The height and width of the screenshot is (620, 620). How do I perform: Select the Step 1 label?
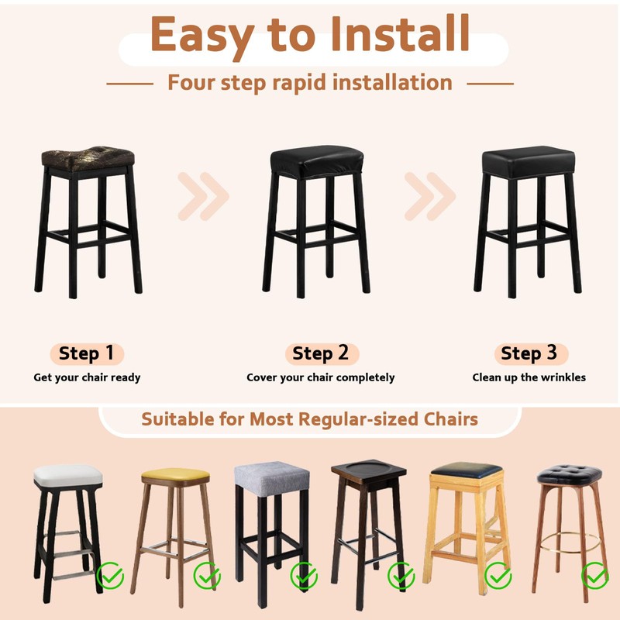pos(87,354)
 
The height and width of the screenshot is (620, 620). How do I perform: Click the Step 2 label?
pos(321,354)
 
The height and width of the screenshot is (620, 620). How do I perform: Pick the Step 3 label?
pos(529,354)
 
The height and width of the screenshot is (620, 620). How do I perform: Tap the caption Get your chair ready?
pos(87,377)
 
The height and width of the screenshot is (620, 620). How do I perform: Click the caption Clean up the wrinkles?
pos(529,377)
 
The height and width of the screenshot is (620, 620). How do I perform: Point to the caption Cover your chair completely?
pos(321,377)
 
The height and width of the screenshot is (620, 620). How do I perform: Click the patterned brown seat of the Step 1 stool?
pos(87,159)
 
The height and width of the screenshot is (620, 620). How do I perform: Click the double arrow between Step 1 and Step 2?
pos(203,195)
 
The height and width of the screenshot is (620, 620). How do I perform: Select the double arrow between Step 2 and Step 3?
pos(430,195)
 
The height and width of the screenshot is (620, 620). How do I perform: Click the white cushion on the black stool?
pos(67,476)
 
